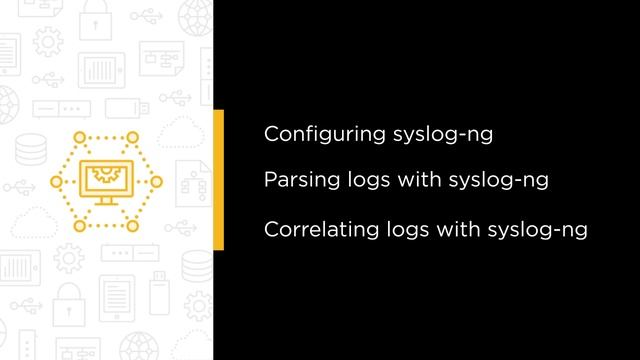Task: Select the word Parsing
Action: tap(295, 181)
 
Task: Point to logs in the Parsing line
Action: tap(358, 181)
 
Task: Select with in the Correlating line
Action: tap(456, 229)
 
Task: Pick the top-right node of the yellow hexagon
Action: tap(132, 135)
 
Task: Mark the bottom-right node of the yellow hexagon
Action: tap(132, 227)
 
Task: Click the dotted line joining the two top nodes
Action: tap(103, 135)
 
